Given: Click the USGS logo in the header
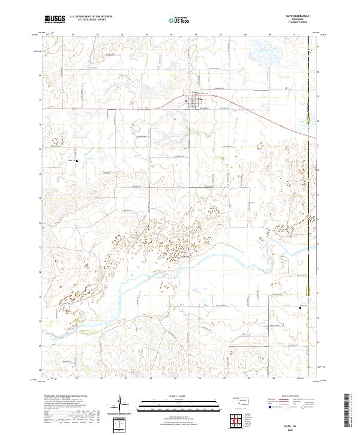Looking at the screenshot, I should tap(55, 19).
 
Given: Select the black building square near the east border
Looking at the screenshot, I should tap(301, 308).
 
